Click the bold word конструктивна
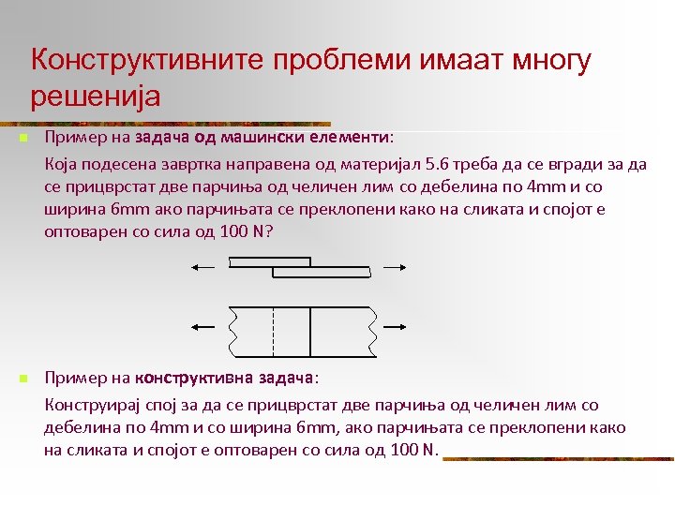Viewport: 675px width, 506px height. pyautogui.click(x=193, y=378)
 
